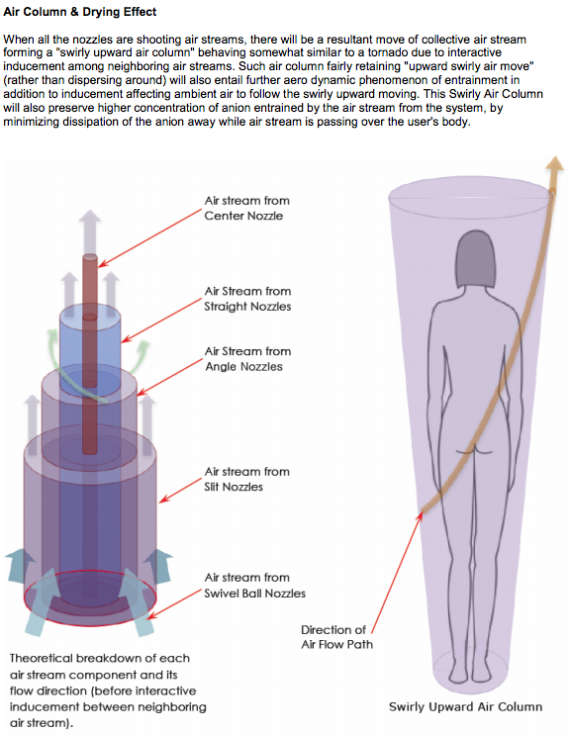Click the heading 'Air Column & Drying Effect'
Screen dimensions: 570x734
pyautogui.click(x=79, y=12)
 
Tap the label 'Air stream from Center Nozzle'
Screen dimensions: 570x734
pyautogui.click(x=246, y=208)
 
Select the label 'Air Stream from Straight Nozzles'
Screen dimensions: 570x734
pyautogui.click(x=247, y=299)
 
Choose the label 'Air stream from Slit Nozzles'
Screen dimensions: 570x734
pyautogui.click(x=246, y=479)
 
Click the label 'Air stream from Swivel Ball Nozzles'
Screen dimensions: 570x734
pyautogui.click(x=254, y=586)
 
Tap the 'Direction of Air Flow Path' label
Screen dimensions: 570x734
pyautogui.click(x=336, y=637)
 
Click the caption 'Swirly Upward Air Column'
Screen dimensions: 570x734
pyautogui.click(x=465, y=707)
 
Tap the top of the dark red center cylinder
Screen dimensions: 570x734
pyautogui.click(x=90, y=258)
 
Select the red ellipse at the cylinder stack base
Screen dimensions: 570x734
pyautogui.click(x=90, y=597)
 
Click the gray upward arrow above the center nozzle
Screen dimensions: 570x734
pyautogui.click(x=90, y=231)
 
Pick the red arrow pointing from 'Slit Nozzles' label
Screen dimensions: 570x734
pyautogui.click(x=181, y=491)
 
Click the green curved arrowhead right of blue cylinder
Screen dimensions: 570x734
pyautogui.click(x=142, y=349)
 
